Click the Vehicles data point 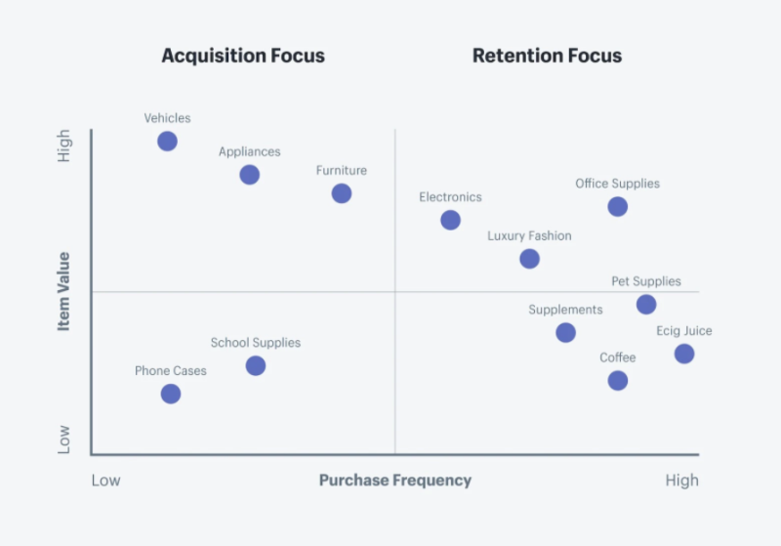click(x=167, y=142)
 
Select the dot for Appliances click(x=250, y=175)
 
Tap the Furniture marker click(x=342, y=193)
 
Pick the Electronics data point click(x=450, y=220)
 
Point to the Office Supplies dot click(x=618, y=207)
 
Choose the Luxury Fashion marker click(x=529, y=259)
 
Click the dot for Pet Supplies click(x=646, y=305)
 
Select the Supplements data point click(x=566, y=333)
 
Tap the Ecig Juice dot click(x=684, y=355)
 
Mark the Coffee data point click(x=618, y=381)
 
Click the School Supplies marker click(x=256, y=366)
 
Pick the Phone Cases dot click(x=171, y=394)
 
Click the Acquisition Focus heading click(x=243, y=56)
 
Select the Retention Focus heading click(x=547, y=56)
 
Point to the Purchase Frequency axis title click(x=395, y=481)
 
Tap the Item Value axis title click(x=63, y=291)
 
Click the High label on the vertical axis click(x=63, y=146)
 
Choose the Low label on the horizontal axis click(x=105, y=481)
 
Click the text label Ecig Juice click(x=684, y=331)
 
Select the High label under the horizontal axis click(x=681, y=481)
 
